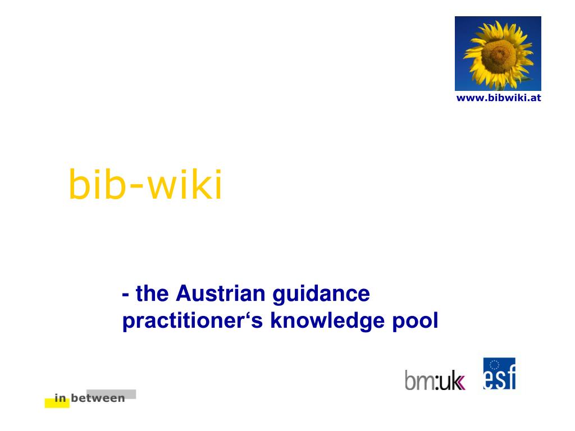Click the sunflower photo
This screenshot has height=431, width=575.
coord(498,53)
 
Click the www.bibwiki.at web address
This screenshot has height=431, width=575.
coord(499,98)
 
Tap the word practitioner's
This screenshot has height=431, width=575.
coord(194,321)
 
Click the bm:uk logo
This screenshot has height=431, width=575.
coord(435,379)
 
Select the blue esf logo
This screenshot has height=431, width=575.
coord(499,374)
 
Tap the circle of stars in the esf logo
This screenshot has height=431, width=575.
coord(495,366)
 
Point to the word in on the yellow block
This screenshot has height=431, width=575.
coord(60,399)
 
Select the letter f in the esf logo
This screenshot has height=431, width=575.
coord(510,377)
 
